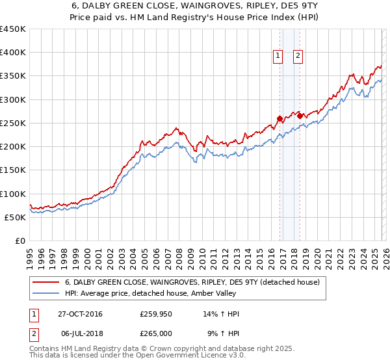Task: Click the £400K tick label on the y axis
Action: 13,53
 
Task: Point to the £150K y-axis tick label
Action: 13,170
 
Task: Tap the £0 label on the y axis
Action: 20,241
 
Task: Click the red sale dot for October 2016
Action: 280,118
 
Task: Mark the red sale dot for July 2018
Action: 300,116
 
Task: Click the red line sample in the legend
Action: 46,283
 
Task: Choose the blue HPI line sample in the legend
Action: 46,294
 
